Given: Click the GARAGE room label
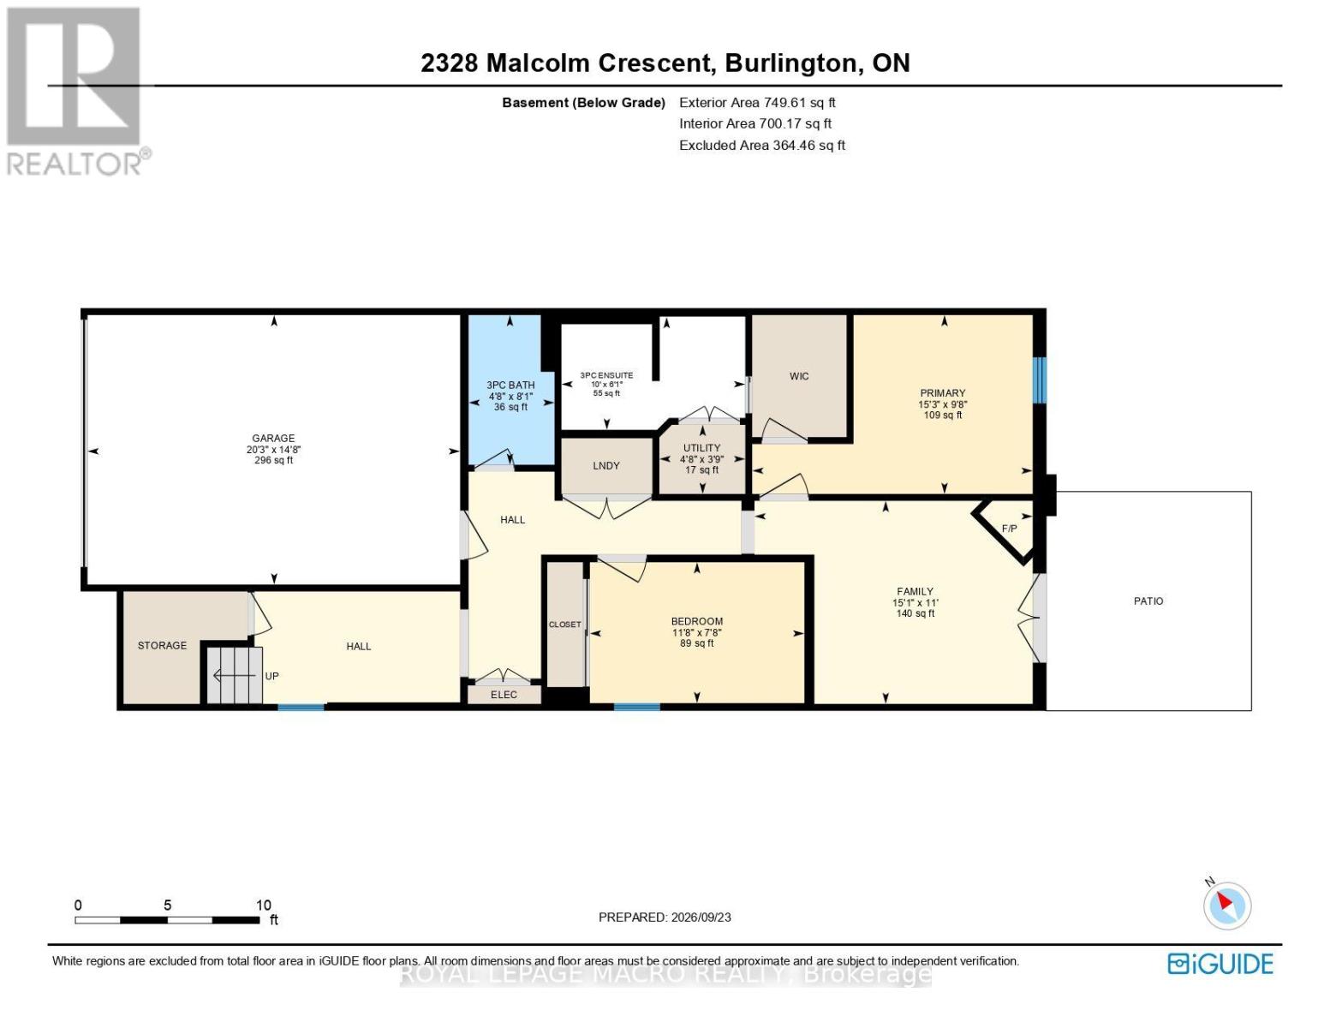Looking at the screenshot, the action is point(273,438).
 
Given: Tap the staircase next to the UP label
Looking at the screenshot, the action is point(234,675).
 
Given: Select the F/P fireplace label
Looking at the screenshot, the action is point(1010,529).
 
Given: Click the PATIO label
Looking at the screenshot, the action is point(1148,601).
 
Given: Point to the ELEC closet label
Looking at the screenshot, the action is point(504,694).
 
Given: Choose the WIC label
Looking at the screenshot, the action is point(799,376).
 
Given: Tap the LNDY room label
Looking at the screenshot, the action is point(606,465).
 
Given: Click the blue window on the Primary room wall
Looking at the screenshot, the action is point(1040,380).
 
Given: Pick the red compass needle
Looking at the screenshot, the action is point(1225,901).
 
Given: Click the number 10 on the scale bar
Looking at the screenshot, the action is point(263,905).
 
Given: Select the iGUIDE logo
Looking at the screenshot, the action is point(1220,964).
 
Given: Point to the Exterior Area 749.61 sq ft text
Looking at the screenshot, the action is point(757,102).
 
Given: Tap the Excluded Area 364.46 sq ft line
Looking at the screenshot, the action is point(762,145).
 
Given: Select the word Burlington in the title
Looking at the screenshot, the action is point(790,63).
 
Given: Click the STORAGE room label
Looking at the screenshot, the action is point(162,645).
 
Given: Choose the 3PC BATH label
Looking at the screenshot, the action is point(510,385).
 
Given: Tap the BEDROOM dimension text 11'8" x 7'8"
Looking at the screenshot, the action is point(696,632).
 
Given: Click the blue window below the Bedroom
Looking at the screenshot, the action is point(636,707).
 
